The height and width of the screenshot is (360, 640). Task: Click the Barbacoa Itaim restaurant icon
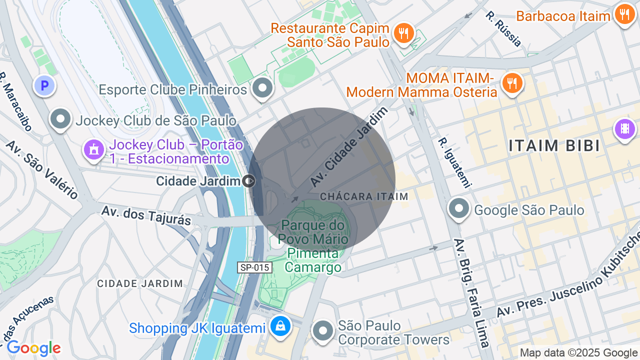(624, 14)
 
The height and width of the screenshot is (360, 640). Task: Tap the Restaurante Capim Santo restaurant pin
(403, 33)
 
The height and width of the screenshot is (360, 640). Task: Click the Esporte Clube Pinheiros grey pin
(262, 88)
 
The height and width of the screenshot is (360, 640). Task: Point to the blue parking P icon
(44, 85)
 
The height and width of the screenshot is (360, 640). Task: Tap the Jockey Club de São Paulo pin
(61, 119)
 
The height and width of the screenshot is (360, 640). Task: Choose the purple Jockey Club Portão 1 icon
(93, 149)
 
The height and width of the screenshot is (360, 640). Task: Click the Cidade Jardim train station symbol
(248, 180)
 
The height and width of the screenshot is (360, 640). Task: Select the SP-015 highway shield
(254, 267)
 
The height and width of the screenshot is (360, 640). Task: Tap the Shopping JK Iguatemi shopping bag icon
(280, 326)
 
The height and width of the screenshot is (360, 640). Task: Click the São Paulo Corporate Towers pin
(323, 330)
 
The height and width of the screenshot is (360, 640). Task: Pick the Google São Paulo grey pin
(459, 208)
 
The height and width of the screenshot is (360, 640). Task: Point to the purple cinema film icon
(624, 129)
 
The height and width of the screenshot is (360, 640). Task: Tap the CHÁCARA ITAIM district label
(364, 196)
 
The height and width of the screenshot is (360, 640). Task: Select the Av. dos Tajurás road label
(146, 215)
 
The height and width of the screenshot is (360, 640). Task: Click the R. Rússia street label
(503, 28)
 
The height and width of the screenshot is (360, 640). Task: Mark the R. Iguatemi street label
(454, 163)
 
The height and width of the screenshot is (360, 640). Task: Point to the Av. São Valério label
(42, 169)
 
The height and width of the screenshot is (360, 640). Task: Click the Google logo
(33, 348)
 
